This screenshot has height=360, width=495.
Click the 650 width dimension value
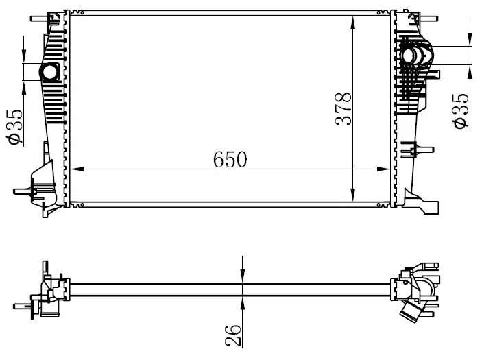click(x=230, y=160)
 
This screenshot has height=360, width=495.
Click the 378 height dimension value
click(x=343, y=109)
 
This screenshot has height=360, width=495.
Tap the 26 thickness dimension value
click(x=233, y=335)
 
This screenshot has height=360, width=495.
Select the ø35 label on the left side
click(x=14, y=127)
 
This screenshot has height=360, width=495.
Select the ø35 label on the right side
click(x=461, y=111)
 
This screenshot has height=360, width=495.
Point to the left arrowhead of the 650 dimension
click(x=77, y=169)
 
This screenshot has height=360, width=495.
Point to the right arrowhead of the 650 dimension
click(x=383, y=169)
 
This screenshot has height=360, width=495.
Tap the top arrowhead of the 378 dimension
click(x=353, y=22)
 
